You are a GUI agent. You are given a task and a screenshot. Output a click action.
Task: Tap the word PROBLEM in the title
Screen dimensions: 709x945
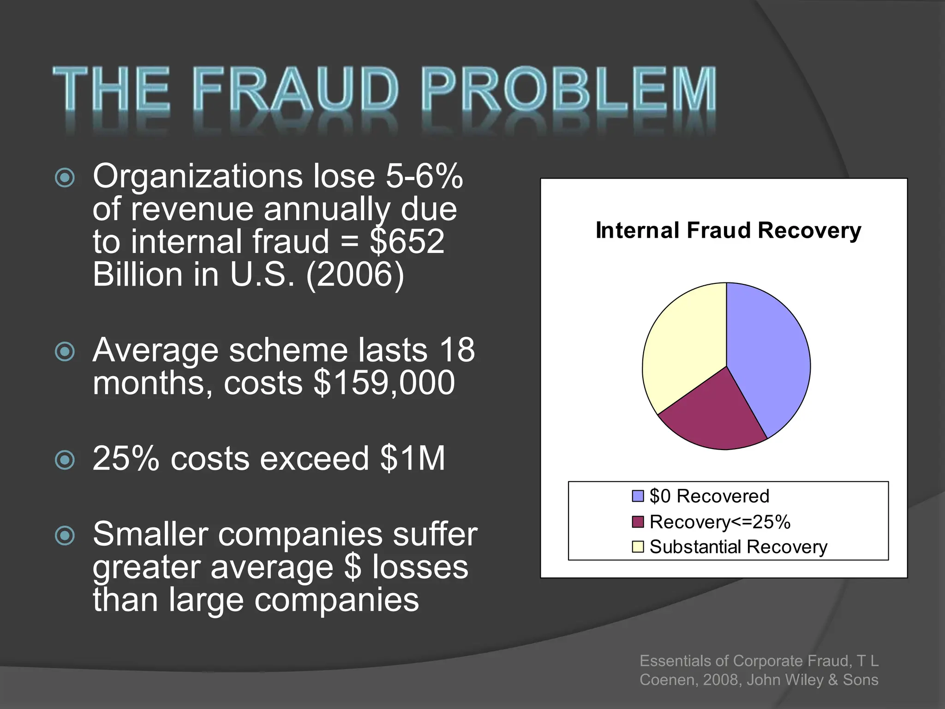coord(568,89)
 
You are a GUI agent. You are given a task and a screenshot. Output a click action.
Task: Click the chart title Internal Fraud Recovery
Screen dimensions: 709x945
coord(728,230)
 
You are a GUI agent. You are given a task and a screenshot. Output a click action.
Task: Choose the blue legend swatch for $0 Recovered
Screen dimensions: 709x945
coord(638,496)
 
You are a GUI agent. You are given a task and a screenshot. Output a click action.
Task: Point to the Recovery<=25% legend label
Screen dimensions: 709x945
coord(720,522)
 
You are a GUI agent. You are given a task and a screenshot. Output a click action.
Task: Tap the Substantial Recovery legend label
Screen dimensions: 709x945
coord(738,547)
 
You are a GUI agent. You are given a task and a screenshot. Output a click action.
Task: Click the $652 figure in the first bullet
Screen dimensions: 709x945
coord(407,241)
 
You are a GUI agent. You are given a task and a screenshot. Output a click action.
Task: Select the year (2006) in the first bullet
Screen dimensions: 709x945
coord(355,274)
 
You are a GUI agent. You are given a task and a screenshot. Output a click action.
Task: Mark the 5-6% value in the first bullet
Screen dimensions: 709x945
coord(424,176)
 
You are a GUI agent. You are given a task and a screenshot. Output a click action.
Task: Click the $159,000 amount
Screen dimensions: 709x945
coord(384,383)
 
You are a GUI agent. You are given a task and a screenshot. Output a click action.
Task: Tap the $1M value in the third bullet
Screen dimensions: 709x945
coord(413,458)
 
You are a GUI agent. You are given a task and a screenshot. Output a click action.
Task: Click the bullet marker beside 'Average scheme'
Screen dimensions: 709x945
coord(65,352)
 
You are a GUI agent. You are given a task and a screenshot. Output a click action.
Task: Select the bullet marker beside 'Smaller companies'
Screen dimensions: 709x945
coord(65,535)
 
